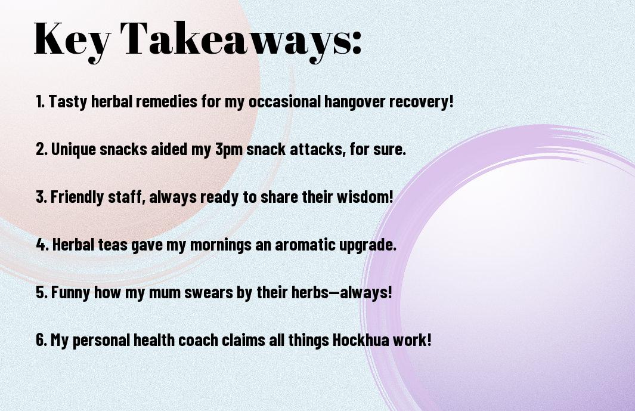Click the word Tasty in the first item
click(67, 101)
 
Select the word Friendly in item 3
click(77, 197)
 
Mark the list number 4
click(42, 245)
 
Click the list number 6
click(42, 339)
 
